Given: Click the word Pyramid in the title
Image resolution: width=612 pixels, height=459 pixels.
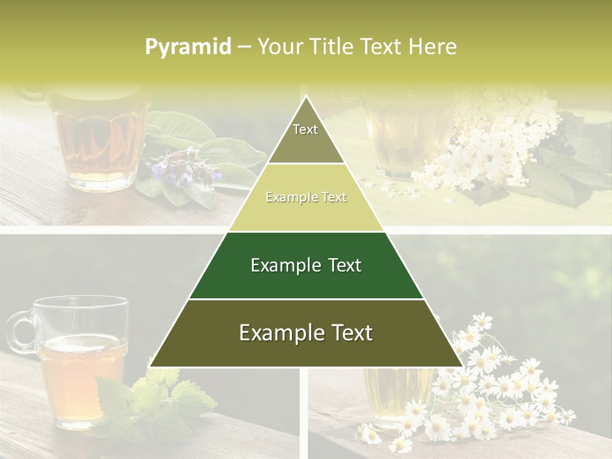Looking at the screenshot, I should (187, 47).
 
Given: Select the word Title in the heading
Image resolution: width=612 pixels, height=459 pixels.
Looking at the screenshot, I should (332, 47).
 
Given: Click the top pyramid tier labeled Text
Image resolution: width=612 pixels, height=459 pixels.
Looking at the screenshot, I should (305, 134).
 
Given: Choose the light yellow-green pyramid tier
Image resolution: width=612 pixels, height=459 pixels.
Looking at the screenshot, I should (306, 198).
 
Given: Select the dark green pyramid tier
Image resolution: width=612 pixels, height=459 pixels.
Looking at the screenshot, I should (306, 265).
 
